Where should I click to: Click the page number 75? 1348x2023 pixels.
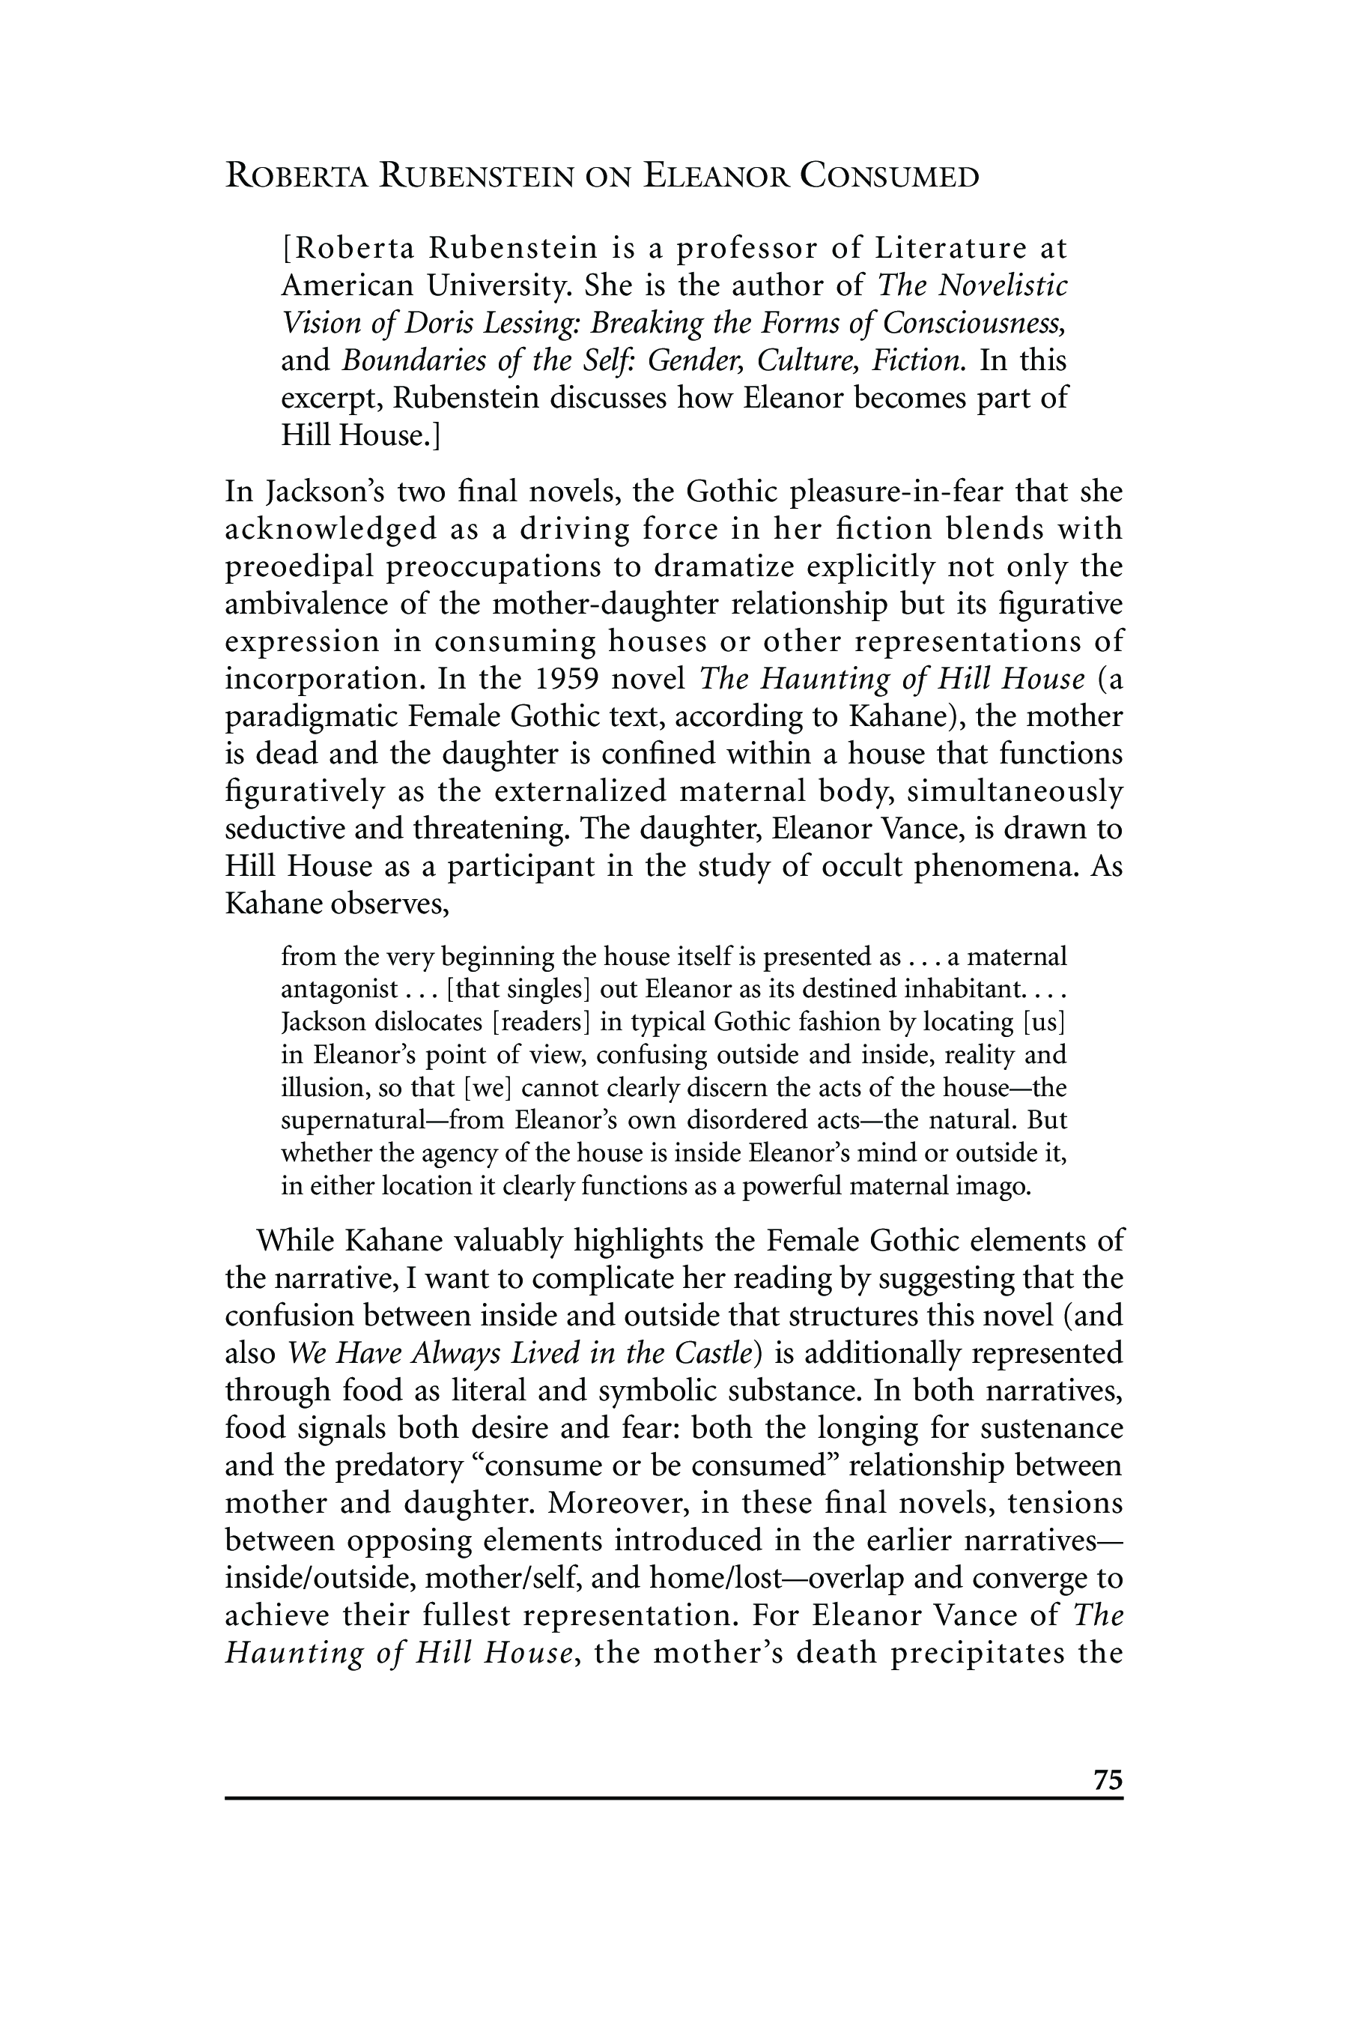click(1108, 1779)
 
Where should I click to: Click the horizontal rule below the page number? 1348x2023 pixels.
click(674, 1797)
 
